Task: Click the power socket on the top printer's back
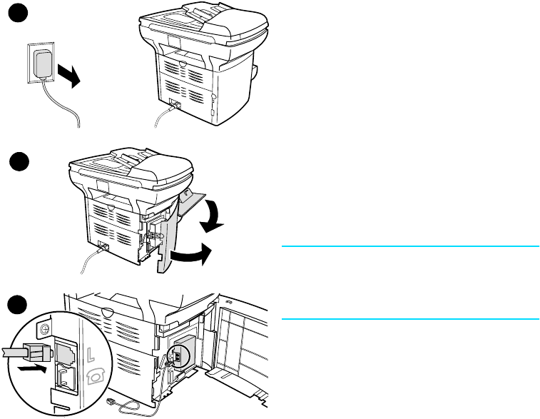point(174,104)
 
